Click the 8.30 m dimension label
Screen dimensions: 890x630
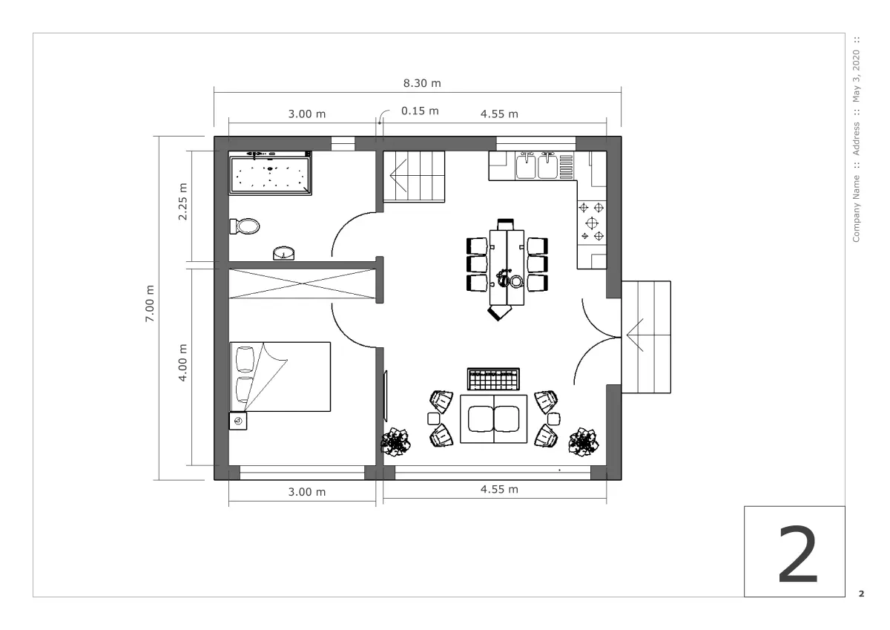click(422, 83)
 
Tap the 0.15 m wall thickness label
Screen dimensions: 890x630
click(420, 111)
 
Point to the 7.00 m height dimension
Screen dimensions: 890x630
click(149, 303)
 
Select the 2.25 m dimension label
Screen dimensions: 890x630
click(182, 202)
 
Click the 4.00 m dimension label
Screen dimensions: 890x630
click(182, 363)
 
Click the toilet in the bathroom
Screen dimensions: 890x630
click(245, 226)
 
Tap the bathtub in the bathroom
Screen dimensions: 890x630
click(270, 174)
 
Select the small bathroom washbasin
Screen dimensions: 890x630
click(283, 254)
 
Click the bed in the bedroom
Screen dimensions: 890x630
click(280, 377)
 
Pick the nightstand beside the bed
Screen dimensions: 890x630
click(238, 421)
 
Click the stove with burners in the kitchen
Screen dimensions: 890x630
click(592, 223)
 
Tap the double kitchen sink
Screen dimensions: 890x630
click(536, 166)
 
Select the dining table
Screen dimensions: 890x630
click(507, 267)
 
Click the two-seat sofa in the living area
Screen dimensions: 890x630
click(493, 419)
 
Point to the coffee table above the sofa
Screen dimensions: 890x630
click(493, 379)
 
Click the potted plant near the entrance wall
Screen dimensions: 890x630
click(584, 442)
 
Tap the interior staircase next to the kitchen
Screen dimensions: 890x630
click(414, 177)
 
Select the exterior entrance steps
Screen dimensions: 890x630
click(647, 337)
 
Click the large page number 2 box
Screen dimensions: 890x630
click(794, 551)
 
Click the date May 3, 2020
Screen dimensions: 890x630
click(856, 76)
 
